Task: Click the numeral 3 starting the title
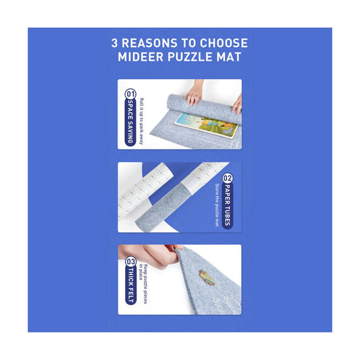[115, 43]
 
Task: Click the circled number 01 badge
[130, 95]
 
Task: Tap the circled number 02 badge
[228, 178]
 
